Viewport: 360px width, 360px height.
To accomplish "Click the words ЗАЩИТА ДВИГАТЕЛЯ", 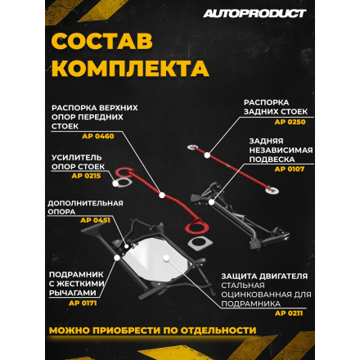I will tap(264, 275).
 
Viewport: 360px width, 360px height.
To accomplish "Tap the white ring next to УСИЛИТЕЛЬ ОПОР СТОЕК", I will tap(123, 182).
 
